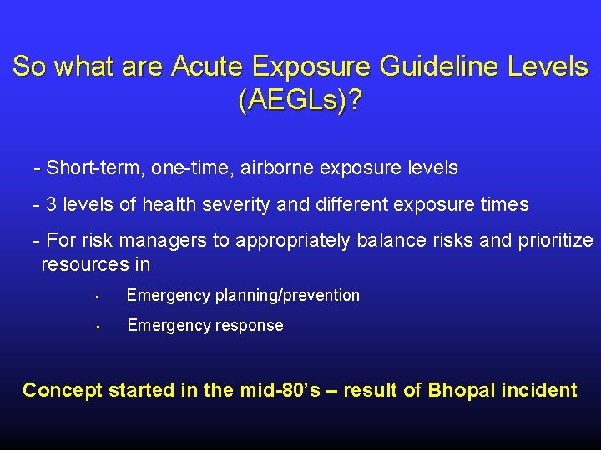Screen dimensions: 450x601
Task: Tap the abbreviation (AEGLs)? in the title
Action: coord(300,102)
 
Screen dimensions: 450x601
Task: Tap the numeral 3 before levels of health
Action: coord(52,204)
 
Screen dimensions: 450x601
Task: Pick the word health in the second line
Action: coord(170,204)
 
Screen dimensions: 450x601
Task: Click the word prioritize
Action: coord(554,242)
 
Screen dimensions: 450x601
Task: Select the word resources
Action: coord(84,265)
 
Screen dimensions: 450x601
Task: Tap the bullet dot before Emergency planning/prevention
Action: coord(98,297)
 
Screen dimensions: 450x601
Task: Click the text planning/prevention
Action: coord(288,296)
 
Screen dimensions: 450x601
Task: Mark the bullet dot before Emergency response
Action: coord(98,327)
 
